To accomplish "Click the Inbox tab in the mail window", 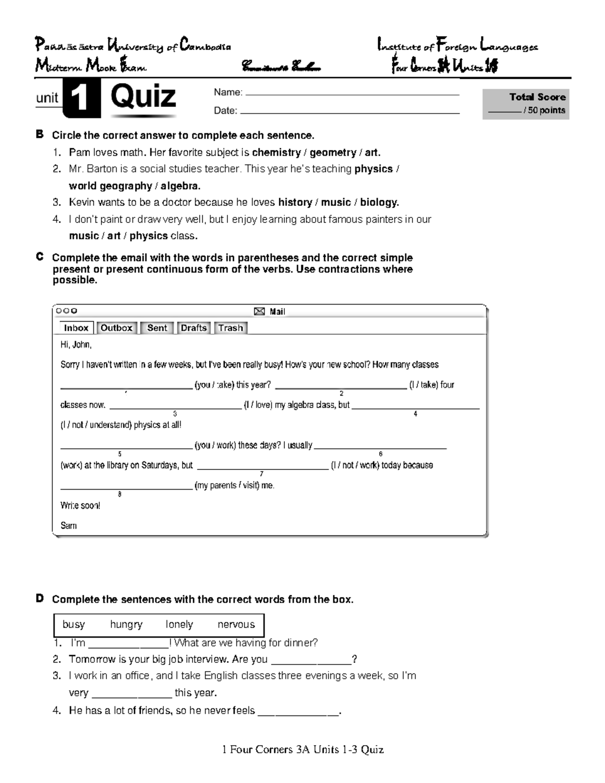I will pos(76,328).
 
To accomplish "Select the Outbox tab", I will pos(116,328).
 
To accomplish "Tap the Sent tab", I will pos(157,328).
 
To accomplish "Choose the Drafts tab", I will pos(194,328).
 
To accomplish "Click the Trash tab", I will pos(230,328).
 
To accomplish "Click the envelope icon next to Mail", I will pos(259,312).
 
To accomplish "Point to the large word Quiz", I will pos(143,96).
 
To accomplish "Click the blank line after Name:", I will pos(351,94).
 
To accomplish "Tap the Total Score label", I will pos(537,97).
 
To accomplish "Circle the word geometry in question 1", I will pos(333,152).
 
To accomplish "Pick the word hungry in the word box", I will pos(126,624).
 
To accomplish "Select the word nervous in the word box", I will pos(236,624).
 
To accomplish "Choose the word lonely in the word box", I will pos(179,624).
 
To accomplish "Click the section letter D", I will pos(39,598).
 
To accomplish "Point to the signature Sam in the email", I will pos(69,525).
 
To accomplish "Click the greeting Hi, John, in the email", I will pos(76,345).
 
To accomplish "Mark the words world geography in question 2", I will pos(110,186).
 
